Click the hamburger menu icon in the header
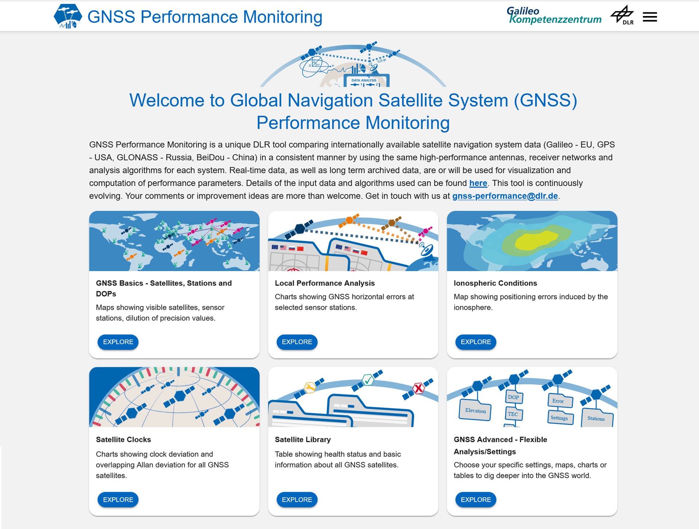click(x=650, y=17)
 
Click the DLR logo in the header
click(x=622, y=15)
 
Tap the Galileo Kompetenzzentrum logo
click(x=554, y=15)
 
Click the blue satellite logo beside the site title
click(x=68, y=16)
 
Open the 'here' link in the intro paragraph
click(x=478, y=183)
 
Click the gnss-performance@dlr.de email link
click(x=505, y=196)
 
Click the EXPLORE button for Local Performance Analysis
click(x=297, y=342)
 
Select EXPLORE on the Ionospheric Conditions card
click(x=475, y=342)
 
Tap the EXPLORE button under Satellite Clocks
click(x=118, y=499)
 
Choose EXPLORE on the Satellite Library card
click(x=297, y=499)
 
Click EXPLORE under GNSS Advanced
click(x=475, y=499)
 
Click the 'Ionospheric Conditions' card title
click(x=495, y=283)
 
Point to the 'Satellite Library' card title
click(x=303, y=439)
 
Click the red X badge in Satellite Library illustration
click(x=419, y=388)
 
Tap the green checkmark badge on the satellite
click(x=368, y=380)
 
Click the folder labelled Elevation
click(x=475, y=410)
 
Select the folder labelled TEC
click(x=513, y=414)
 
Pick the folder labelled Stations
click(x=597, y=418)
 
